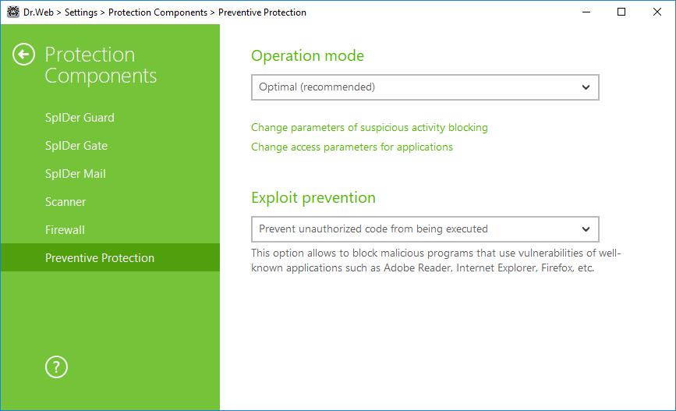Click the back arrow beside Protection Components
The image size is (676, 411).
[x=23, y=55]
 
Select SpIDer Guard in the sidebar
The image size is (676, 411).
[x=80, y=117]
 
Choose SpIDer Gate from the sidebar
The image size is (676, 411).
[x=76, y=145]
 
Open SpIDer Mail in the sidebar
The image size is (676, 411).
[x=76, y=173]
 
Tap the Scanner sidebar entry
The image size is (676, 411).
[x=65, y=201]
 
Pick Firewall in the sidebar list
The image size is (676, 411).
[x=65, y=229]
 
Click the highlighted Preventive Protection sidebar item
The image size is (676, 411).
[x=100, y=257]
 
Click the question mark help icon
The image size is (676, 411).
[x=56, y=367]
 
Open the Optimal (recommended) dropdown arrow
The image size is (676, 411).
[x=586, y=87]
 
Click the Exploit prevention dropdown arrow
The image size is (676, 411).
[x=586, y=229]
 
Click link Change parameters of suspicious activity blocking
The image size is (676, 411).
[x=370, y=128]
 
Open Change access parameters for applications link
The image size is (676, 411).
[x=352, y=147]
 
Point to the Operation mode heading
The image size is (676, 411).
[x=307, y=55]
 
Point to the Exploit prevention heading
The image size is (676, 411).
[x=313, y=197]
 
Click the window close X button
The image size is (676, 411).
[x=657, y=12]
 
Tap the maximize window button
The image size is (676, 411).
[x=621, y=12]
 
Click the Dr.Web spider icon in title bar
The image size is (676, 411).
[x=13, y=12]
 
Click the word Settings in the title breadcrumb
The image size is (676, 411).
[x=81, y=12]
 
